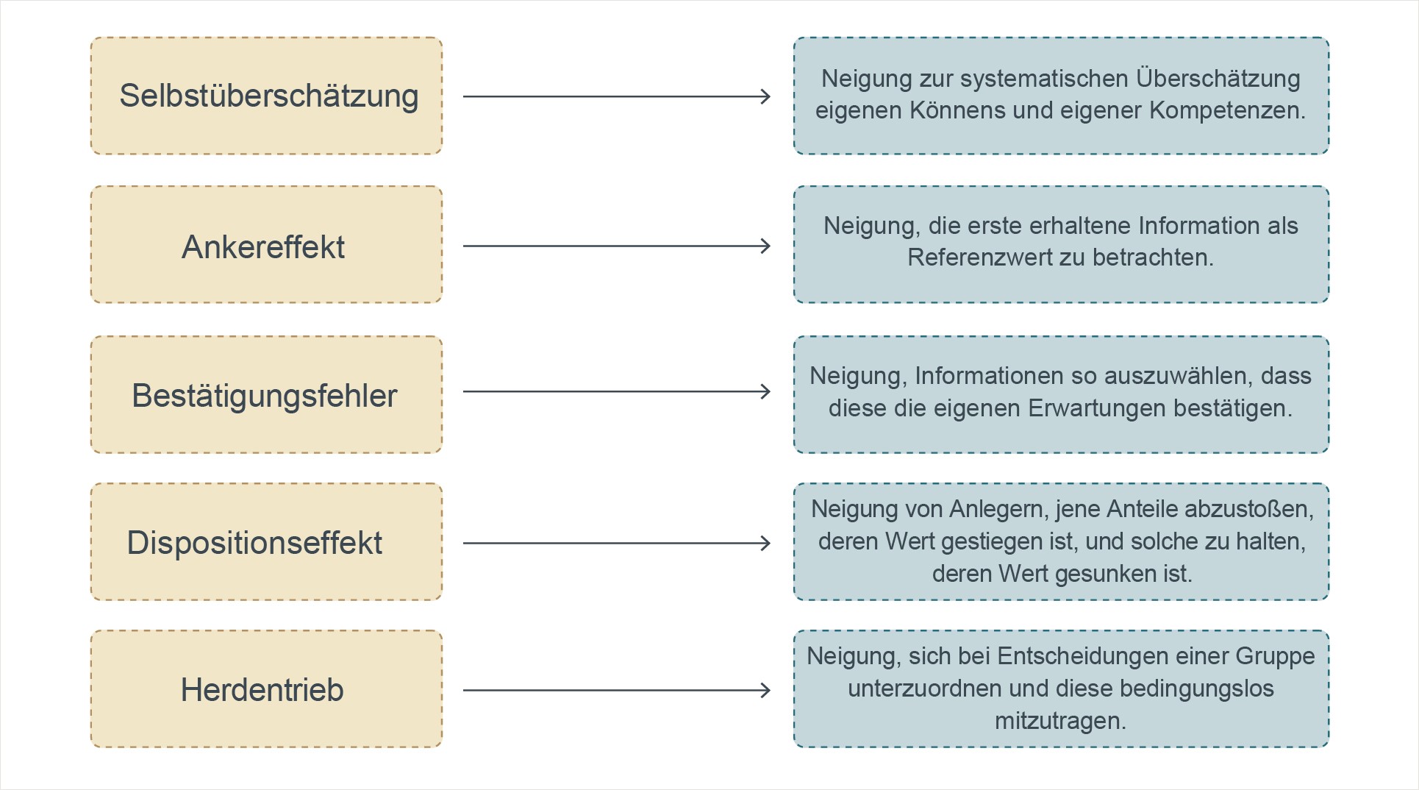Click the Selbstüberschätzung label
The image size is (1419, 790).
pyautogui.click(x=269, y=96)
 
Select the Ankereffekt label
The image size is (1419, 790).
pyautogui.click(x=263, y=247)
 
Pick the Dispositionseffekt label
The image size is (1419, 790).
pyautogui.click(x=254, y=544)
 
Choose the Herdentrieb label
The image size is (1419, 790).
pyautogui.click(x=262, y=690)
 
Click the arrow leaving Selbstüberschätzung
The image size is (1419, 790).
pyautogui.click(x=617, y=96)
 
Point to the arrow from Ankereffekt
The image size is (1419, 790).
pyautogui.click(x=617, y=246)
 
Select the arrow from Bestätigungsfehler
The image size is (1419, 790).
pyautogui.click(x=617, y=391)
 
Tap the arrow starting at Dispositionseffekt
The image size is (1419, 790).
pyautogui.click(x=617, y=544)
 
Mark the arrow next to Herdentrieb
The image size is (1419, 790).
pyautogui.click(x=617, y=690)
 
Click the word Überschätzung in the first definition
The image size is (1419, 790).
pyautogui.click(x=1218, y=79)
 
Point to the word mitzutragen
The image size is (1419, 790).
pyautogui.click(x=1060, y=721)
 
